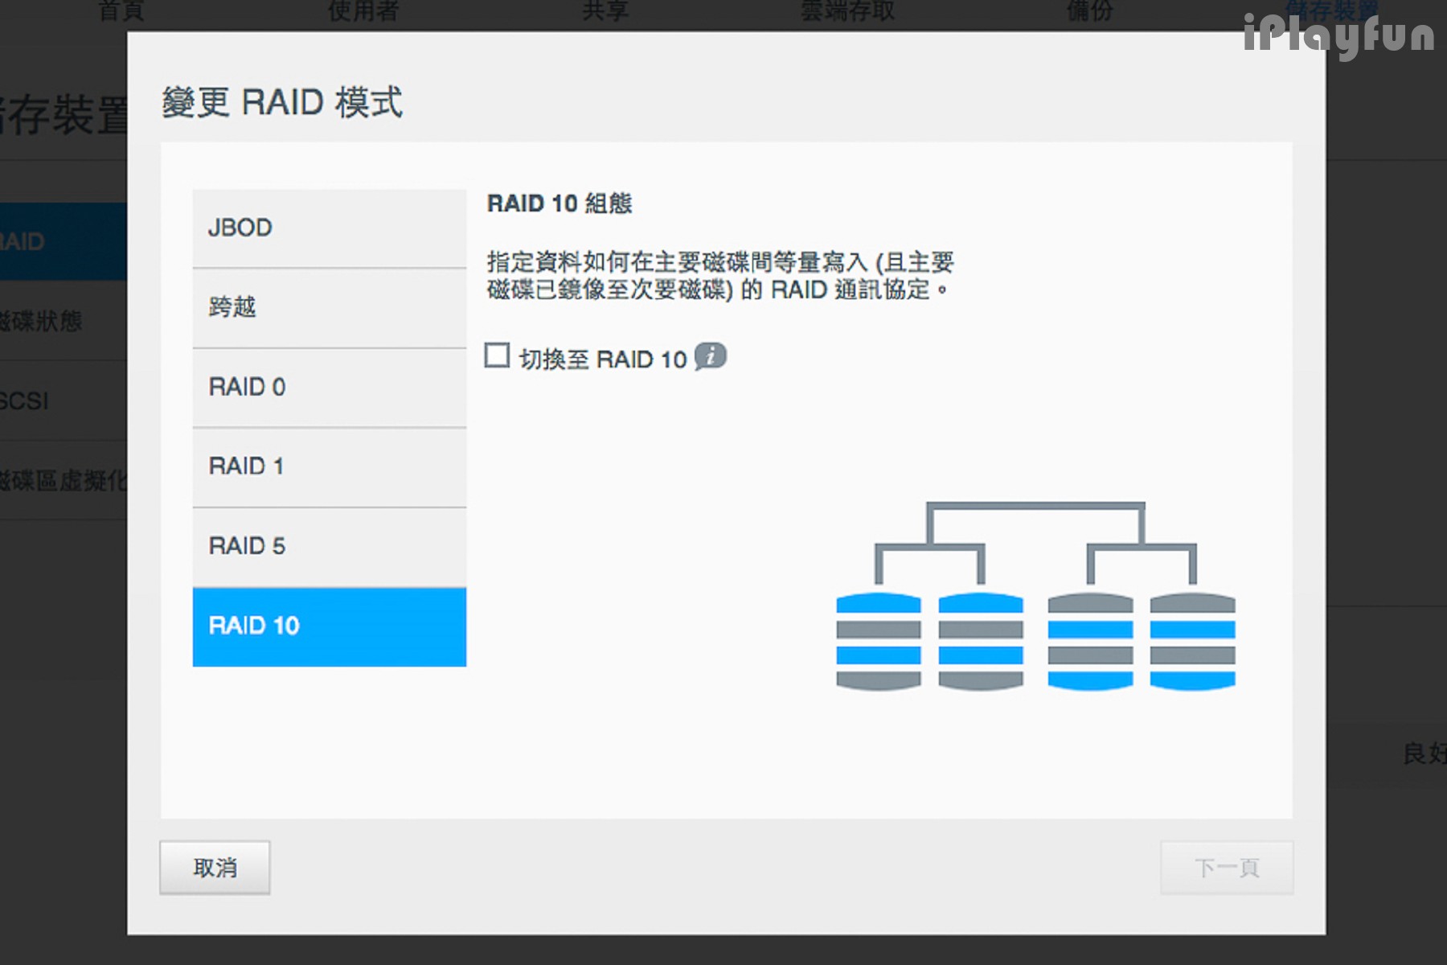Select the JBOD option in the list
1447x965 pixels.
(x=329, y=228)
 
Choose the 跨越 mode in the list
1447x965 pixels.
(x=329, y=307)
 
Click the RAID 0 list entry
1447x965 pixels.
(x=329, y=387)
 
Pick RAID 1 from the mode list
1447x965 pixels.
(x=329, y=466)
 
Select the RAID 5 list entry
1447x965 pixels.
(x=329, y=546)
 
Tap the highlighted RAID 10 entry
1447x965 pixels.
(x=329, y=626)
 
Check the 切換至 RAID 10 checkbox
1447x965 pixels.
(x=497, y=355)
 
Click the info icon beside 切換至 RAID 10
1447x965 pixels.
(x=711, y=355)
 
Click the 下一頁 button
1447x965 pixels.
(x=1226, y=868)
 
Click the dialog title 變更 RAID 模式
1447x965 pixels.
(x=281, y=103)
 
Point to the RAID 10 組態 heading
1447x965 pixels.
(x=560, y=203)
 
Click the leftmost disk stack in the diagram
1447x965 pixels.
(x=878, y=642)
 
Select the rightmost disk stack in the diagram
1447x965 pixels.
(x=1192, y=642)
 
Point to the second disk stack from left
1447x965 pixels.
(x=981, y=642)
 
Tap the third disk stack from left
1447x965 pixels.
(x=1090, y=642)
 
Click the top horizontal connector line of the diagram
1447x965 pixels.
(x=1035, y=507)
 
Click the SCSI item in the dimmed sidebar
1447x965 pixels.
(x=24, y=400)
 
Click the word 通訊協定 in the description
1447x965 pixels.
(x=882, y=289)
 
